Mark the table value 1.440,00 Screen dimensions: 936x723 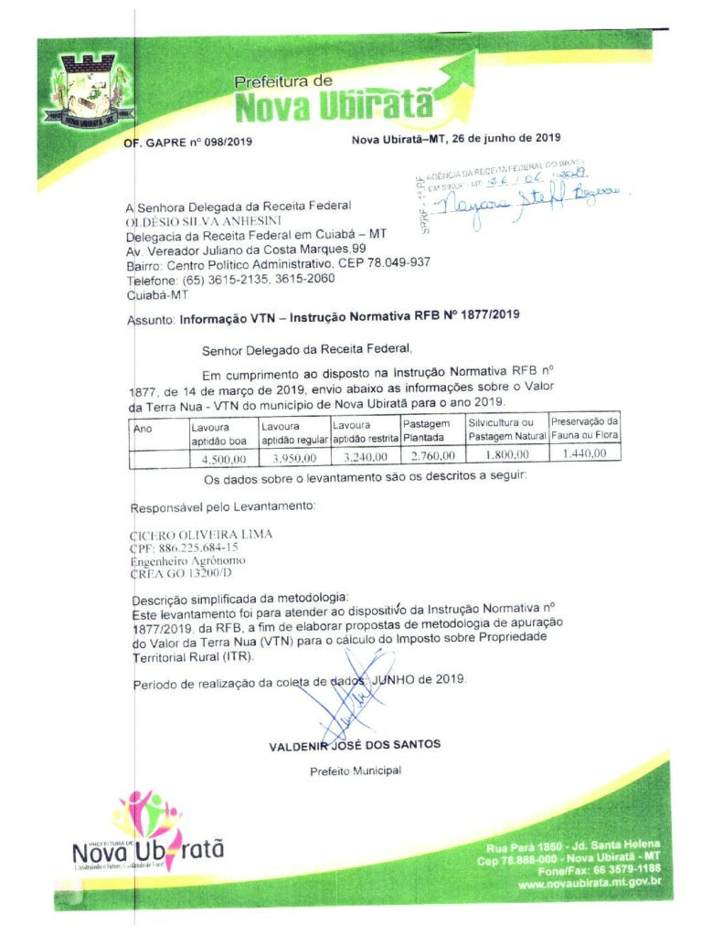585,453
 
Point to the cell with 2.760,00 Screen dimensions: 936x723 431,455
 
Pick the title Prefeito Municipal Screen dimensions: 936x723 356,771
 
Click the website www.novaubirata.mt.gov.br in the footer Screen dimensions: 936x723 590,885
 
